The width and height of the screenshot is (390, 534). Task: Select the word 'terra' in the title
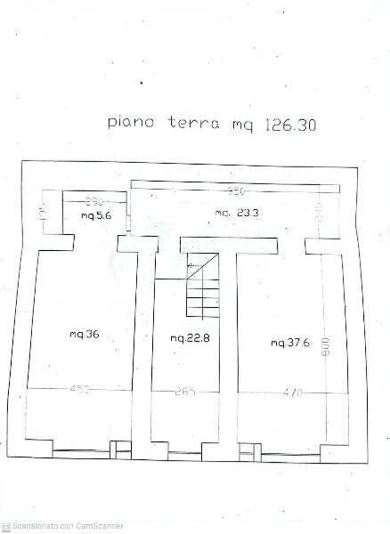pos(193,123)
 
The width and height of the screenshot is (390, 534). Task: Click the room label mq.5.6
pos(95,215)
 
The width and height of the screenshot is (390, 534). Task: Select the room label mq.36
pos(84,335)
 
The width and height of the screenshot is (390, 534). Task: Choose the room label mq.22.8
pos(191,338)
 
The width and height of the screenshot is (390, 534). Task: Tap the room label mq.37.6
pos(290,343)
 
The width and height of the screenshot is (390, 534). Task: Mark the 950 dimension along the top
pos(236,191)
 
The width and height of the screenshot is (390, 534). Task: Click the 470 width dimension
pos(293,392)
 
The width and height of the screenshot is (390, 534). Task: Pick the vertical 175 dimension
pos(42,213)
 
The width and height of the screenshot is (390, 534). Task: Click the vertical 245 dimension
pos(319,211)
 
